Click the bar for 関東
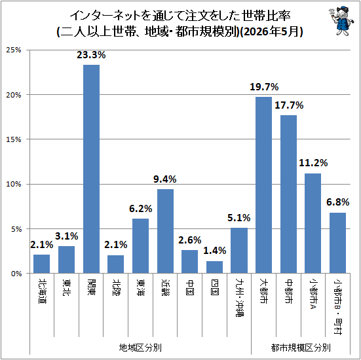click(91, 169)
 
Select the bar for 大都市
click(263, 185)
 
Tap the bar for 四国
click(214, 267)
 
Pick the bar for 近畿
click(165, 231)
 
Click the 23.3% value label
click(91, 55)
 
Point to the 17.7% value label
click(289, 105)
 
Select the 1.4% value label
click(215, 251)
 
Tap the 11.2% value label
click(313, 163)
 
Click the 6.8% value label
click(338, 202)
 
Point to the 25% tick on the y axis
click(14, 50)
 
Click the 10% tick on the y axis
click(14, 185)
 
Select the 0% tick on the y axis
click(16, 274)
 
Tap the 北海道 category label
click(42, 291)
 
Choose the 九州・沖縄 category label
click(239, 298)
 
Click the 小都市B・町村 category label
click(338, 306)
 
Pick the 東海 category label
click(141, 287)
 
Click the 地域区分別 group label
click(140, 347)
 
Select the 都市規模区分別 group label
click(301, 347)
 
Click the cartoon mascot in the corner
click(341, 21)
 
